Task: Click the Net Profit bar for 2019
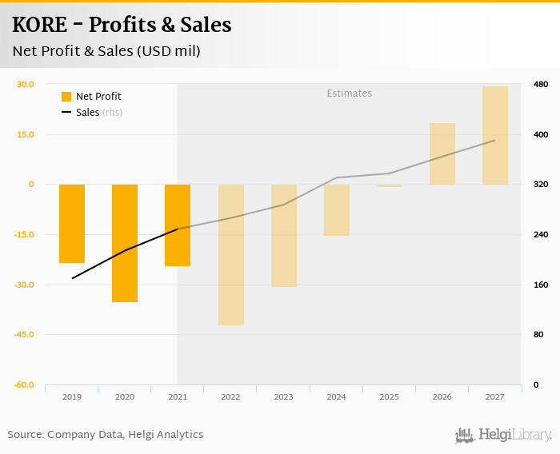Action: pyautogui.click(x=72, y=224)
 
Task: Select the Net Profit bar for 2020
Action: pyautogui.click(x=125, y=243)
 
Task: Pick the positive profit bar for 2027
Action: pyautogui.click(x=495, y=135)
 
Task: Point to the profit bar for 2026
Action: pyautogui.click(x=442, y=153)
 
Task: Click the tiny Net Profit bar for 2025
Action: pyautogui.click(x=390, y=185)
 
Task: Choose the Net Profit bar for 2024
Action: pyautogui.click(x=337, y=209)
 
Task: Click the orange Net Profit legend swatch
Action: pyautogui.click(x=66, y=97)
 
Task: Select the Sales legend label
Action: pyautogui.click(x=87, y=113)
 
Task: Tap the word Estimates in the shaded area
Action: pyautogui.click(x=350, y=94)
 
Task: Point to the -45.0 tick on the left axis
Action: pyautogui.click(x=24, y=334)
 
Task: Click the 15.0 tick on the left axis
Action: pyautogui.click(x=26, y=134)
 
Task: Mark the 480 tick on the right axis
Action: pyautogui.click(x=540, y=85)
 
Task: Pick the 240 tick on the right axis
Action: pyautogui.click(x=540, y=234)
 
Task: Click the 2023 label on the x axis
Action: pyautogui.click(x=283, y=396)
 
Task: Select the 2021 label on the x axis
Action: pyautogui.click(x=178, y=396)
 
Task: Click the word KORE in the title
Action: pyautogui.click(x=39, y=26)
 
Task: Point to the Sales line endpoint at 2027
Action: pyautogui.click(x=495, y=141)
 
